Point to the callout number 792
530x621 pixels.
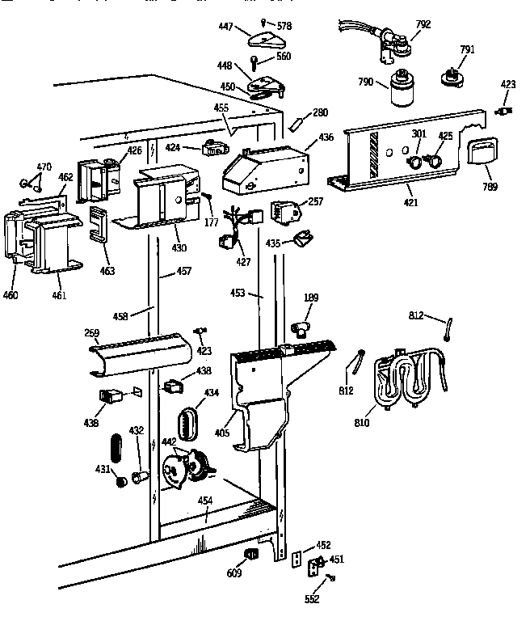(x=423, y=23)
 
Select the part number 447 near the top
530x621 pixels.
(x=225, y=27)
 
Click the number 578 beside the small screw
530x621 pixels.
(x=284, y=26)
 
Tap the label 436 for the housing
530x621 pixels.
(x=326, y=137)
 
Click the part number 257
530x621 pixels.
(x=316, y=201)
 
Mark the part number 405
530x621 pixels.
(x=222, y=433)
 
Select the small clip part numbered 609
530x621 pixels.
(x=250, y=554)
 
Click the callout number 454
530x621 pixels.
(x=205, y=501)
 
